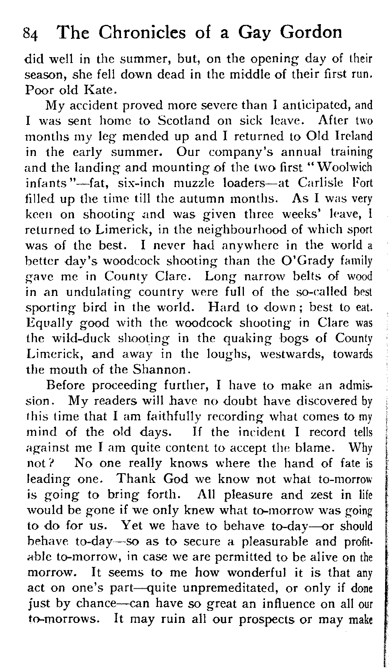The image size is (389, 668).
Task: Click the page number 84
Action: [31, 34]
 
